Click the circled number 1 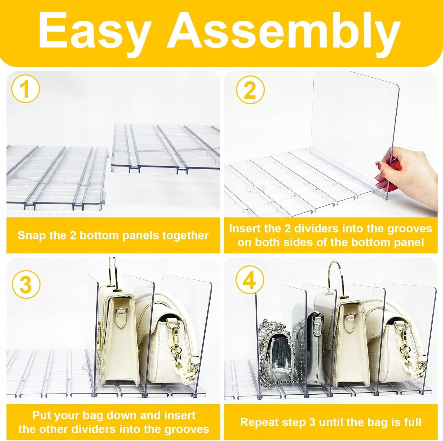(25, 89)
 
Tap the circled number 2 (250, 90)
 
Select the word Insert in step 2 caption (245, 229)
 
